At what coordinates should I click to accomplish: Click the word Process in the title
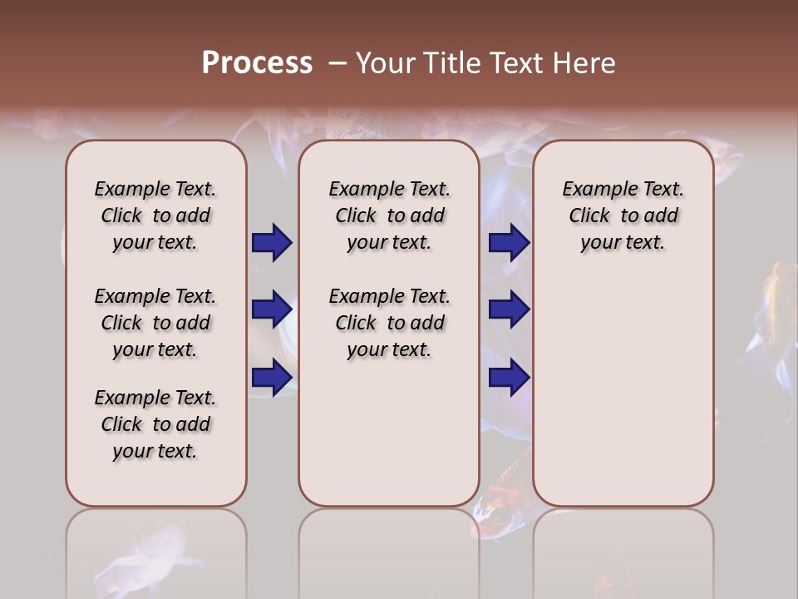click(257, 63)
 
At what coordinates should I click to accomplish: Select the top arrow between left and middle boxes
click(272, 243)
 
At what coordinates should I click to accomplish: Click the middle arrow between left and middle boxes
click(272, 309)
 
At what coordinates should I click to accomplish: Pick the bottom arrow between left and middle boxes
click(272, 377)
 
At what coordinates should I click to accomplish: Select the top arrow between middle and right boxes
click(509, 243)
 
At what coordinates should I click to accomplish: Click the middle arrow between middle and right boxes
click(509, 309)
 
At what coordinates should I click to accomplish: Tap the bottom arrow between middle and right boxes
click(509, 377)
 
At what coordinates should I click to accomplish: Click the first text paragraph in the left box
click(155, 215)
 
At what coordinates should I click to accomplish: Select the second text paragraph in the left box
click(155, 323)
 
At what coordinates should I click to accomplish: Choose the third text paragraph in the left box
click(155, 424)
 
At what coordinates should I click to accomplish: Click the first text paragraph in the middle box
click(390, 215)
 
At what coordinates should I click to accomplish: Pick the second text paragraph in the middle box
click(390, 323)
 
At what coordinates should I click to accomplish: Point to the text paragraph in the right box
click(623, 215)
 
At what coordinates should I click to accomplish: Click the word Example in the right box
click(596, 190)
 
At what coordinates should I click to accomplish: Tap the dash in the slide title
click(337, 63)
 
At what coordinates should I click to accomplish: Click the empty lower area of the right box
click(623, 399)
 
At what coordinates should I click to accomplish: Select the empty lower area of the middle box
click(390, 433)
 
